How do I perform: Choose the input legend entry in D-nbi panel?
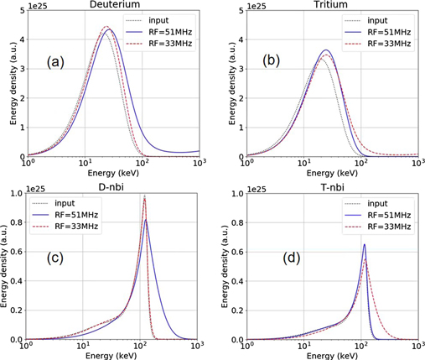[x=65, y=203]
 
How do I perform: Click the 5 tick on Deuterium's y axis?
[x=18, y=12]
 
